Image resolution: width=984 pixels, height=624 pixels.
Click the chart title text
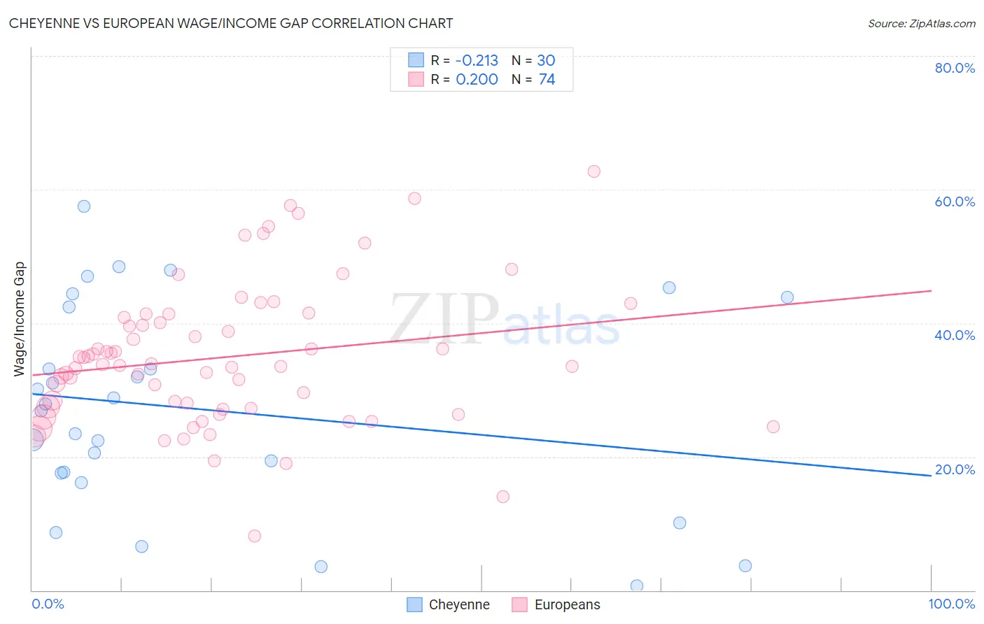pos(231,23)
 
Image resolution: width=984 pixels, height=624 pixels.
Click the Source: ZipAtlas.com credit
pos(921,23)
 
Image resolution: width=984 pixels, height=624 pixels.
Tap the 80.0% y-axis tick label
pos(955,68)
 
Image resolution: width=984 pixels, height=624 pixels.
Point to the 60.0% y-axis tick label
pos(955,201)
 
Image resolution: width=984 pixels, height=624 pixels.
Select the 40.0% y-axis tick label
pos(955,335)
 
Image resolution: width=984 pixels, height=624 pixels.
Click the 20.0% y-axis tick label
pos(955,469)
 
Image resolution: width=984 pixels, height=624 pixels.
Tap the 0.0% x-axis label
pos(48,604)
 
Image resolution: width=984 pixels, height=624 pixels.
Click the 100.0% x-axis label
pos(952,604)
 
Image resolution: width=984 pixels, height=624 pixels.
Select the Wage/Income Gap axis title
pos(20,319)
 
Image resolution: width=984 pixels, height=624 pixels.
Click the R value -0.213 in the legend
pos(477,61)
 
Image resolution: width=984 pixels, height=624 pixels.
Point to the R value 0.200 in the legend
pos(477,80)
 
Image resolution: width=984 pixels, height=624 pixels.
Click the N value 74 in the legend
pos(547,80)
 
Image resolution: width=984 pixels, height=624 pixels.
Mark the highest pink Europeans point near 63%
pos(594,171)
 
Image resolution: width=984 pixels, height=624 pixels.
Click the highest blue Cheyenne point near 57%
pos(84,206)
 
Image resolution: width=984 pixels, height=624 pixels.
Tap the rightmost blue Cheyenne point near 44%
pos(787,297)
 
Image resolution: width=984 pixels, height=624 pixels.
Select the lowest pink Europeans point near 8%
pos(255,536)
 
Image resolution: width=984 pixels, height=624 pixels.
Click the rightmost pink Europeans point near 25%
pos(773,427)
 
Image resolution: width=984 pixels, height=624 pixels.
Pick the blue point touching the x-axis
pos(637,586)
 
